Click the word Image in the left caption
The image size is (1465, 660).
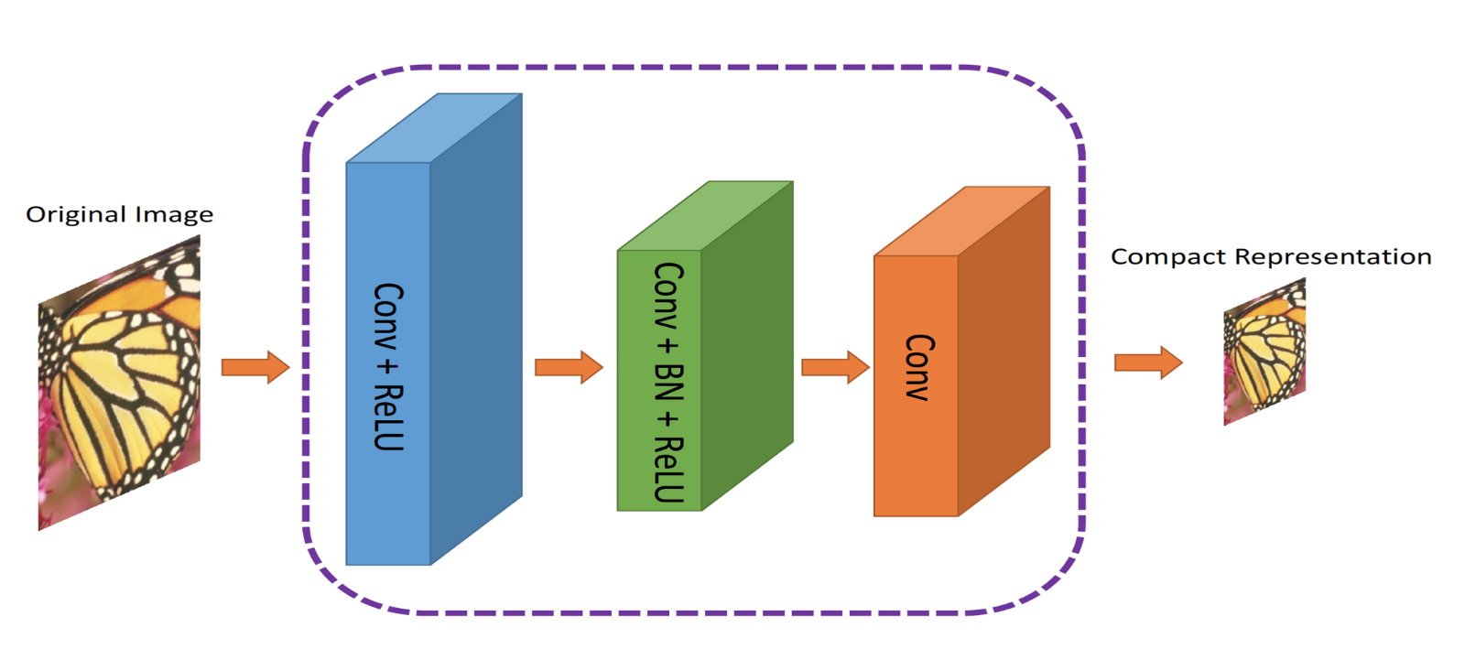click(174, 215)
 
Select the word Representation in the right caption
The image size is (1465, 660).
click(1333, 257)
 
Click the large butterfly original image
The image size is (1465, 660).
click(119, 384)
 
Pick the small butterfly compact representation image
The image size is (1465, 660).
click(1264, 352)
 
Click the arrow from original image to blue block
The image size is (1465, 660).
click(255, 367)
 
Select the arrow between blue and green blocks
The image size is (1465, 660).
click(568, 367)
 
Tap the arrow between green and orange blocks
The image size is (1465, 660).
click(834, 367)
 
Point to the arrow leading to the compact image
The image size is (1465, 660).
click(1147, 362)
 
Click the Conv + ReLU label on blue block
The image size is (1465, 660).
click(388, 366)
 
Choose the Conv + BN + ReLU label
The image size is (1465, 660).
click(668, 382)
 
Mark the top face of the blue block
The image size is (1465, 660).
click(434, 128)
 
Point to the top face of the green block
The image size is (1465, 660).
click(705, 216)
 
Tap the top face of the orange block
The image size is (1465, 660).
click(961, 222)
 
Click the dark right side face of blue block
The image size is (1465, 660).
click(476, 330)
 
